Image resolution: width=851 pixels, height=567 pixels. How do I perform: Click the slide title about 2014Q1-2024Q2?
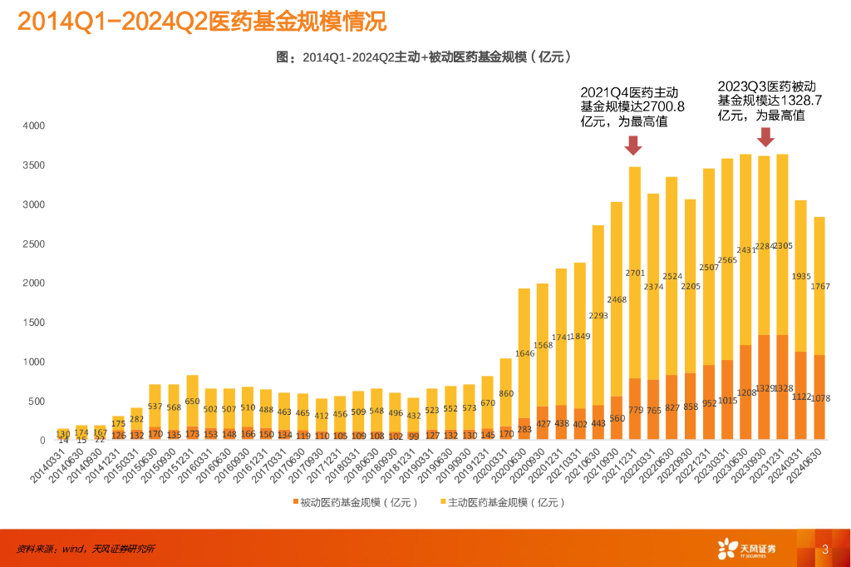(202, 21)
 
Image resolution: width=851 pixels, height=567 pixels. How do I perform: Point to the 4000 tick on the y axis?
(34, 126)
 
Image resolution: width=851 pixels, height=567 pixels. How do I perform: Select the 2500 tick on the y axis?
(34, 244)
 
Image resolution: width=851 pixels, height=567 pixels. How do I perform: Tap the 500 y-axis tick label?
(37, 402)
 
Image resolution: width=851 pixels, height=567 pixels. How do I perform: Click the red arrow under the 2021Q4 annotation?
(633, 145)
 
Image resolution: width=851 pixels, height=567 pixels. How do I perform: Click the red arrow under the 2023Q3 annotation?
(765, 136)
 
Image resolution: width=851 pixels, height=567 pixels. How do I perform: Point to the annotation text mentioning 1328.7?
(770, 101)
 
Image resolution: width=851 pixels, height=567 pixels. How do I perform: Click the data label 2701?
(635, 273)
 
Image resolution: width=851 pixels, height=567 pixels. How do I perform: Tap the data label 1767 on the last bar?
(819, 287)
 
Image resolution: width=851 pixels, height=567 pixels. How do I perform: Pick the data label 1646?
(524, 353)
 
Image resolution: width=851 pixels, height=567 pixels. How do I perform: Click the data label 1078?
(819, 398)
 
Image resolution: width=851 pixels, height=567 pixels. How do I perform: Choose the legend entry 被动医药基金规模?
(355, 502)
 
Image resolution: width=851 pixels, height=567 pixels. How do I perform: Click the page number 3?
(824, 549)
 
